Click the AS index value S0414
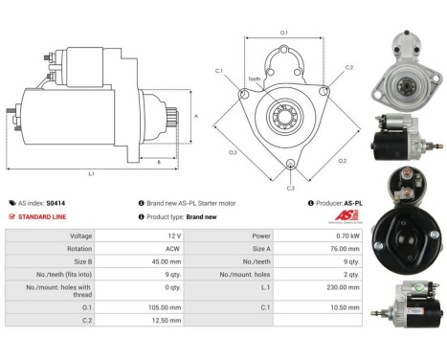tap(56, 203)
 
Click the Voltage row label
tap(55, 235)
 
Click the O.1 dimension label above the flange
tap(284, 34)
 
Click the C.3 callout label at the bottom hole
tap(291, 188)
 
